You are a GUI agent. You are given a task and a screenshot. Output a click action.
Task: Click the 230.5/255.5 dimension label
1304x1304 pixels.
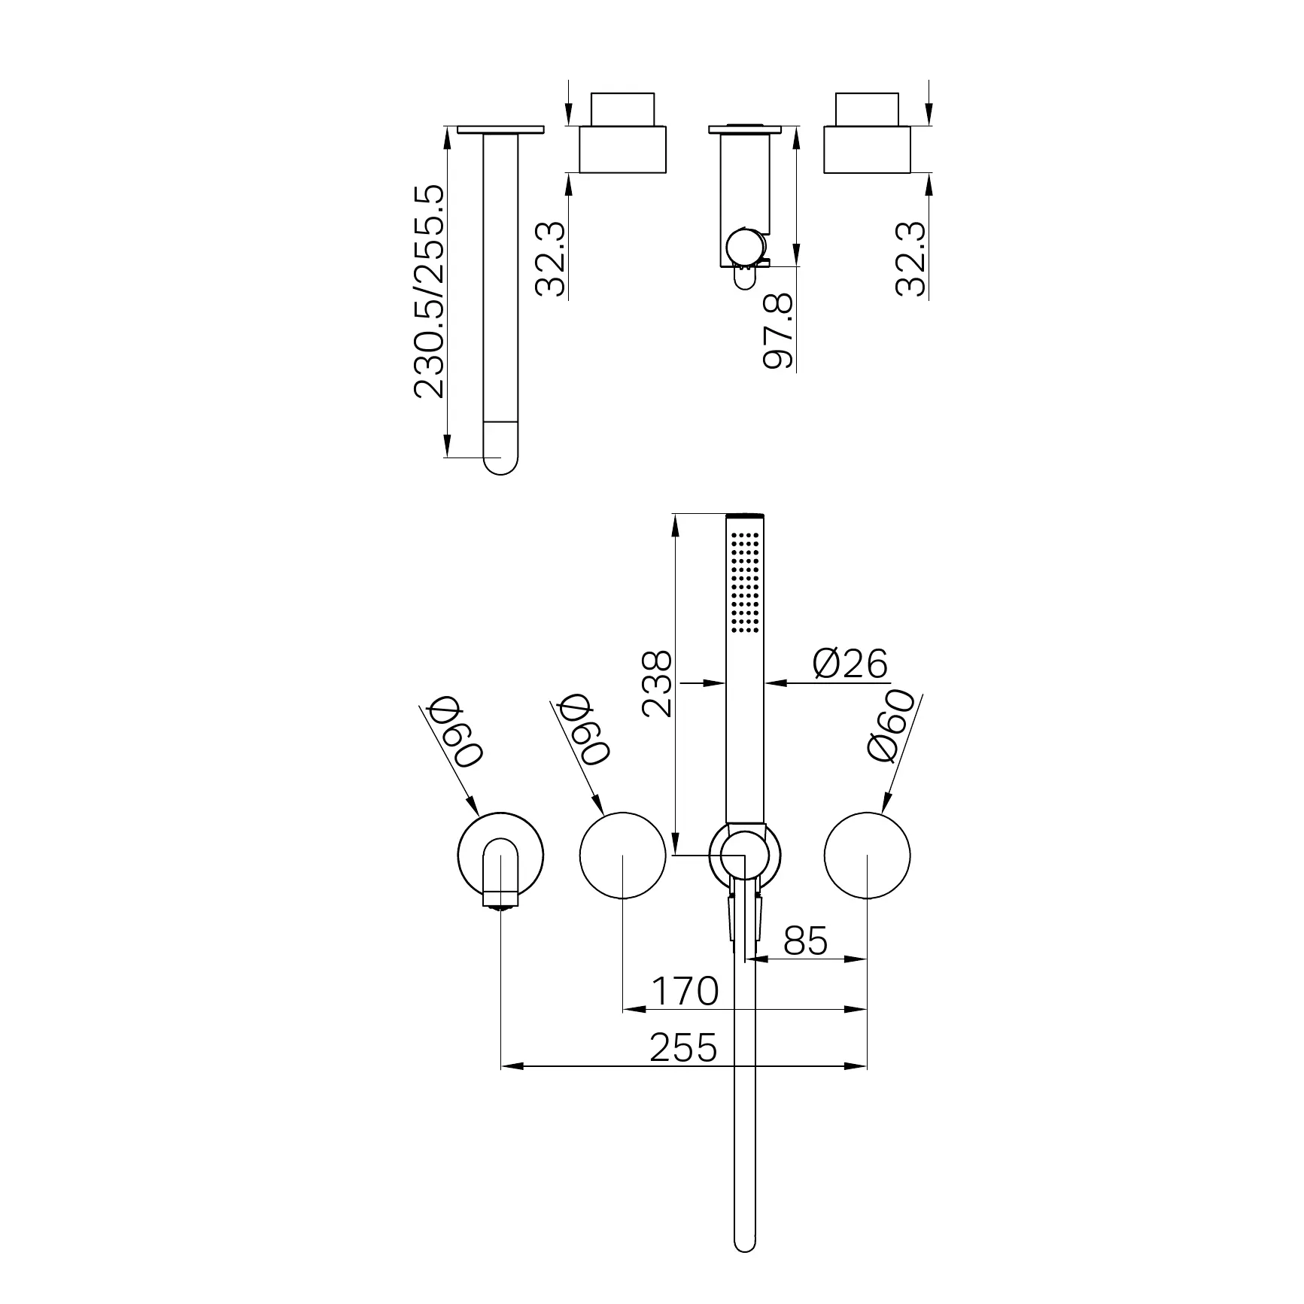tap(430, 292)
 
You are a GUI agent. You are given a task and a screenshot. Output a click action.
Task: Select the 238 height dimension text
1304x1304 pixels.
tap(656, 684)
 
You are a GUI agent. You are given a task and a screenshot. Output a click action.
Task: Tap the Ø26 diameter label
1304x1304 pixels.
tap(850, 664)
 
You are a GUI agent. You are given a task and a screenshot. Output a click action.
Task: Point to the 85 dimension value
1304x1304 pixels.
tap(805, 941)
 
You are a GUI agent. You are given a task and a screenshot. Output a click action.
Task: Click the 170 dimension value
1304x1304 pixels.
tap(684, 991)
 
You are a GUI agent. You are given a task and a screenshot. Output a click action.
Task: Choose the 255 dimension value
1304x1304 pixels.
tap(683, 1047)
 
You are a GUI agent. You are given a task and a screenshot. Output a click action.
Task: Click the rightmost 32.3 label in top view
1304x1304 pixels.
tap(911, 258)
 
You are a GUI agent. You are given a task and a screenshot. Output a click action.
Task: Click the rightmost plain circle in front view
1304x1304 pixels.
tap(867, 856)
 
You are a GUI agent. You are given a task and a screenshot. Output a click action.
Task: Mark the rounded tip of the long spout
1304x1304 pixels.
tap(500, 461)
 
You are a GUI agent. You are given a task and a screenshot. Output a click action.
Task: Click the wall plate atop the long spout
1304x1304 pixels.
tap(500, 129)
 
